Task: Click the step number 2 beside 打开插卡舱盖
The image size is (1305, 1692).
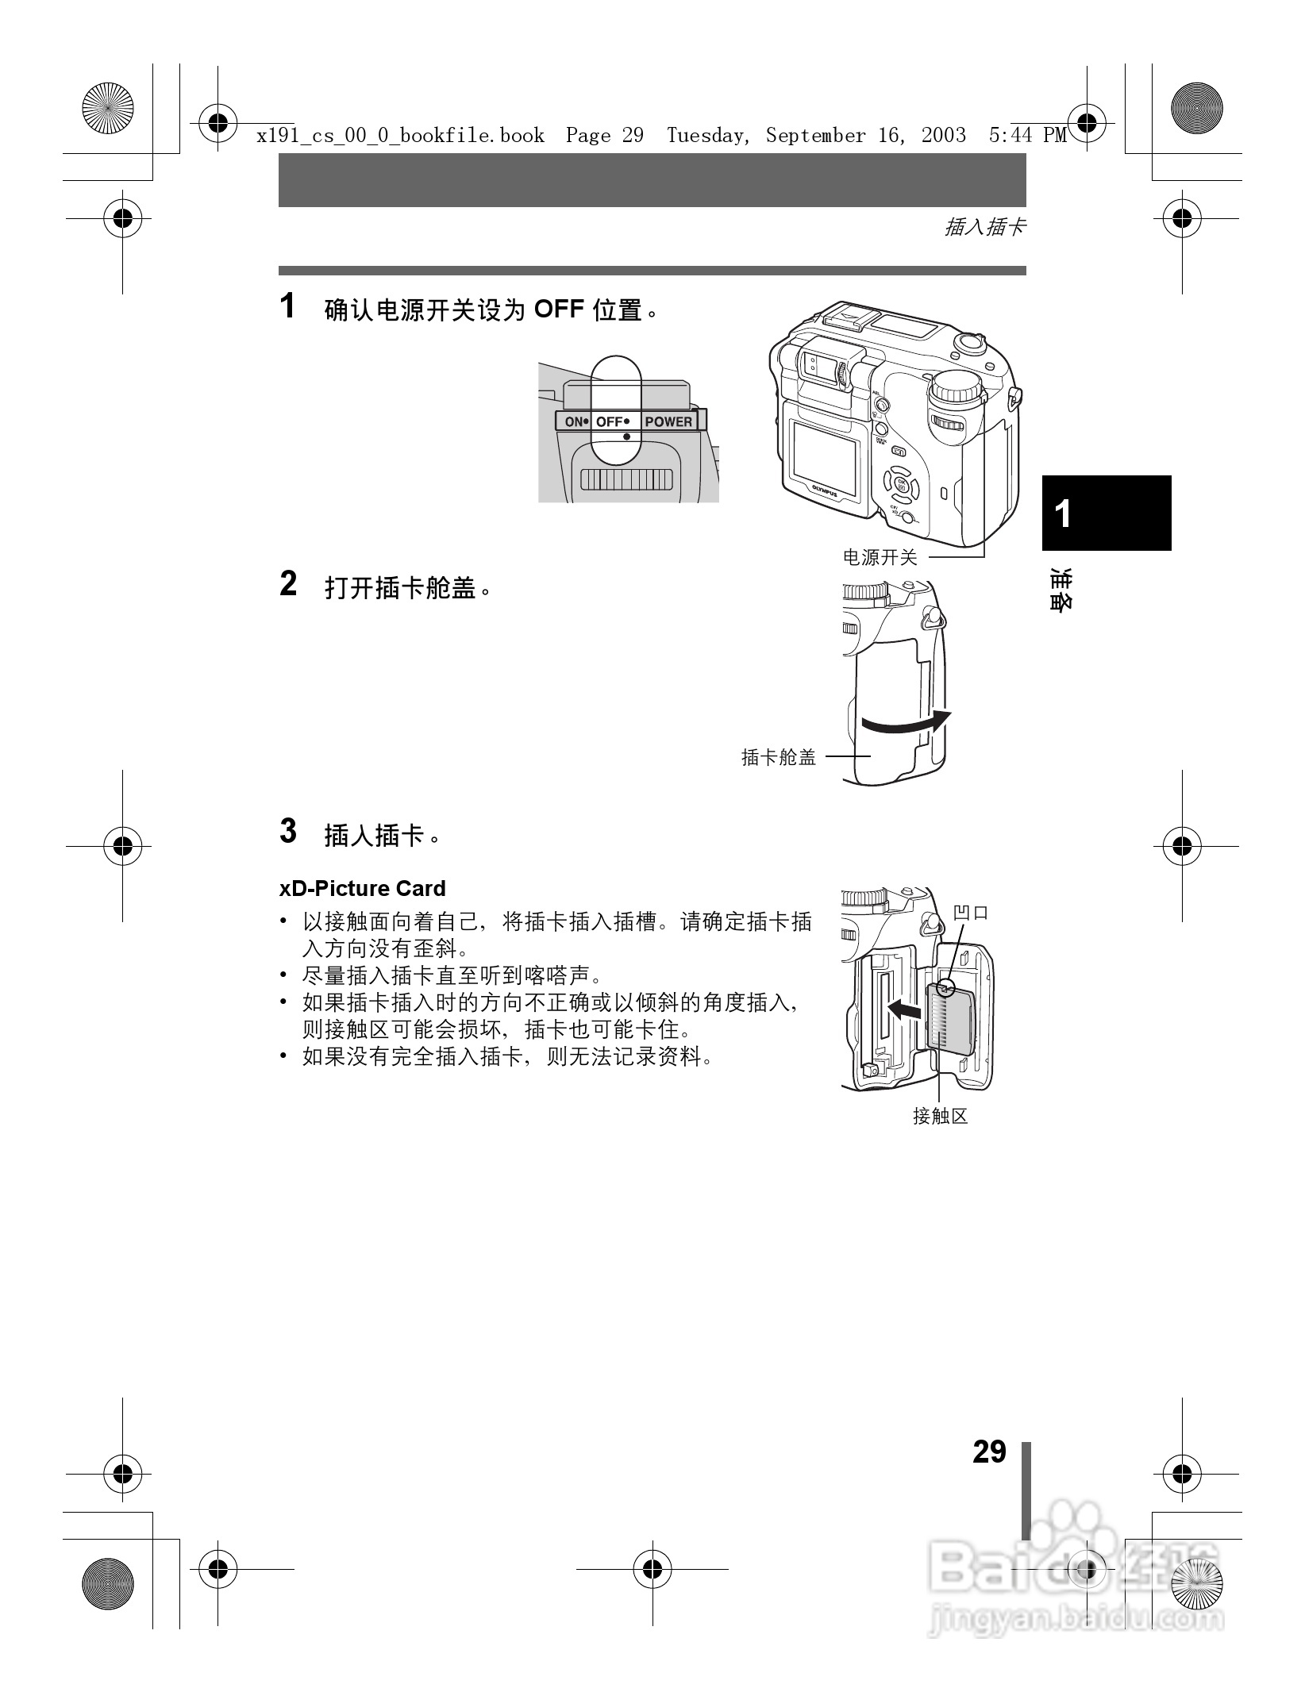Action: click(288, 584)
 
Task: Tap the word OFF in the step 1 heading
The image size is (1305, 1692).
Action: click(559, 309)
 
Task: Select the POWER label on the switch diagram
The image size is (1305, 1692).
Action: click(668, 421)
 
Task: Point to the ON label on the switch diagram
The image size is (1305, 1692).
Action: click(574, 421)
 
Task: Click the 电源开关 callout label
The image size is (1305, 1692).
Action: click(880, 558)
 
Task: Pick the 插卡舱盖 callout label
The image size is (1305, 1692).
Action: click(779, 757)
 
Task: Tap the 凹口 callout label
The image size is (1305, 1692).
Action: click(971, 913)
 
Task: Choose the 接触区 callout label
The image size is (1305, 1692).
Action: click(941, 1117)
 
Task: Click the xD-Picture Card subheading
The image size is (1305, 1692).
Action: click(362, 888)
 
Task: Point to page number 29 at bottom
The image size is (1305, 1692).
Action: click(989, 1452)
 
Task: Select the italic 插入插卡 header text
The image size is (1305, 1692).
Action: click(984, 228)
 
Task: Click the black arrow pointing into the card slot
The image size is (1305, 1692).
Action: click(904, 1009)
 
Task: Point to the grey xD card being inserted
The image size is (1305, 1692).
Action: click(951, 1020)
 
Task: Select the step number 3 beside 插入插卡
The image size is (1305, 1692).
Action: click(288, 831)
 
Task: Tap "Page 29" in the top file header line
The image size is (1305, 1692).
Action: click(604, 136)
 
